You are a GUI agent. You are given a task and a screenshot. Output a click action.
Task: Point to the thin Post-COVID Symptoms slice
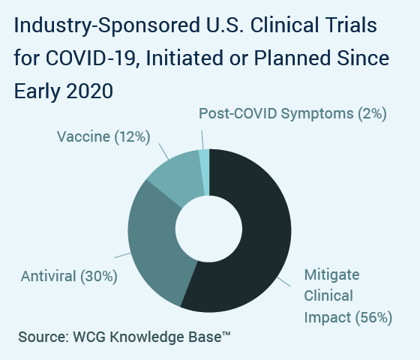tap(204, 172)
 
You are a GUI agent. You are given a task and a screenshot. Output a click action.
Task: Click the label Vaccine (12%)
tap(103, 136)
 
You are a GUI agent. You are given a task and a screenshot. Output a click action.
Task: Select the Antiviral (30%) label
tap(69, 276)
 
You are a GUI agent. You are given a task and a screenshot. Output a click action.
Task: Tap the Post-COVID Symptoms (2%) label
tap(292, 113)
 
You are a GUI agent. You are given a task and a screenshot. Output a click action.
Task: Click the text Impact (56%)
tap(348, 318)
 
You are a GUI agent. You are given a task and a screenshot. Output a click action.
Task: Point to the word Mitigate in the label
tap(331, 275)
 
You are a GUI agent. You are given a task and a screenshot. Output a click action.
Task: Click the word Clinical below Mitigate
tap(328, 296)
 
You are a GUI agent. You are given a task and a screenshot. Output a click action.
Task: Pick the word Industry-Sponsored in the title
tap(107, 25)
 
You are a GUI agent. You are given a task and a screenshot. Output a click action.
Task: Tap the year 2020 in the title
tap(89, 91)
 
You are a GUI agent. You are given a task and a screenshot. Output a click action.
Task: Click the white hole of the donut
tap(209, 229)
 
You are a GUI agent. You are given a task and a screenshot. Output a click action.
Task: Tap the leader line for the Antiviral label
tap(123, 255)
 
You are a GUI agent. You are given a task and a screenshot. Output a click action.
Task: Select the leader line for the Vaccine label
tap(164, 151)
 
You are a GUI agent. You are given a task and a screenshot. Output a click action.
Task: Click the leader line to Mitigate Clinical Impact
tap(283, 282)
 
